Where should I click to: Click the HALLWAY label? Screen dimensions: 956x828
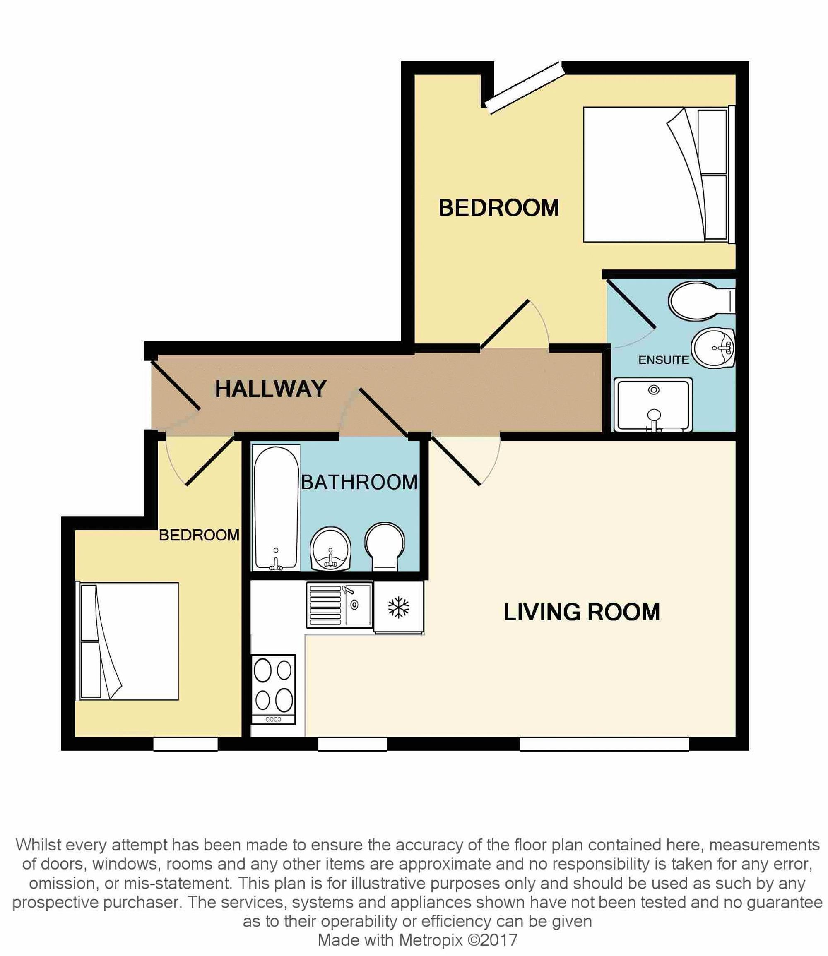click(x=271, y=389)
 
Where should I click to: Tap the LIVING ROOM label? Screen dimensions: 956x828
click(x=582, y=613)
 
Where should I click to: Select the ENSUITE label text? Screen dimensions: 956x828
click(x=664, y=360)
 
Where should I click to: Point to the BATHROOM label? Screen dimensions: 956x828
click(x=359, y=482)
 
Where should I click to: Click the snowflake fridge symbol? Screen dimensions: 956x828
click(x=398, y=607)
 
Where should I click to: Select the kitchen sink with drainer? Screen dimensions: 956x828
click(x=339, y=605)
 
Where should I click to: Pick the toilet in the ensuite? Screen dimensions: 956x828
click(x=700, y=300)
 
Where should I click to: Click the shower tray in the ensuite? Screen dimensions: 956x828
click(x=653, y=405)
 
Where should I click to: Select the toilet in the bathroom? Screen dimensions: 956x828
click(x=385, y=546)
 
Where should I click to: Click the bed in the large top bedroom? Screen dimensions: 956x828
click(x=656, y=175)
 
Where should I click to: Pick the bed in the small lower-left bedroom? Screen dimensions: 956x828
click(x=128, y=641)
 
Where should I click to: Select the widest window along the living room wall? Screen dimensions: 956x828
click(x=604, y=744)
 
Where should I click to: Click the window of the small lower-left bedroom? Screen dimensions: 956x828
click(x=185, y=744)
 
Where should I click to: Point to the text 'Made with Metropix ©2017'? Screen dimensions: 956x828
click(x=417, y=940)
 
